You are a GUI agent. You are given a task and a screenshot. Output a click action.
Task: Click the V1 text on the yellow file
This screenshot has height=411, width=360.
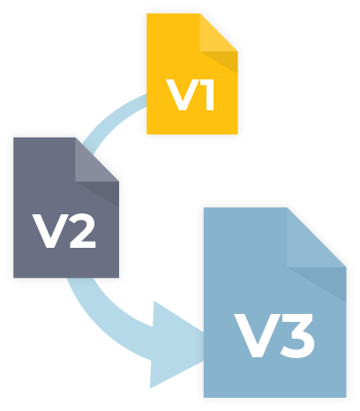[191, 94]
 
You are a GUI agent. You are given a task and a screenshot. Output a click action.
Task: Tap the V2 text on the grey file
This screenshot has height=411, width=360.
[64, 231]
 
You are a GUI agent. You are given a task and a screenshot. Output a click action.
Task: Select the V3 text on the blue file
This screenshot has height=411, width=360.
[274, 336]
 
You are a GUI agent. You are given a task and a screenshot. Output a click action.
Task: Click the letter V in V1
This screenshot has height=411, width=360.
[179, 94]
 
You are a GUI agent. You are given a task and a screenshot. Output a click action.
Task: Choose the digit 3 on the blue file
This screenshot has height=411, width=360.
[296, 336]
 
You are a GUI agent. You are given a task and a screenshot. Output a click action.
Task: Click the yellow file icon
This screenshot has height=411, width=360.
[192, 74]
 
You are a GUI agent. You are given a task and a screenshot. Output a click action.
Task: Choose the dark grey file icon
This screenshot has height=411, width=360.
[66, 207]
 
